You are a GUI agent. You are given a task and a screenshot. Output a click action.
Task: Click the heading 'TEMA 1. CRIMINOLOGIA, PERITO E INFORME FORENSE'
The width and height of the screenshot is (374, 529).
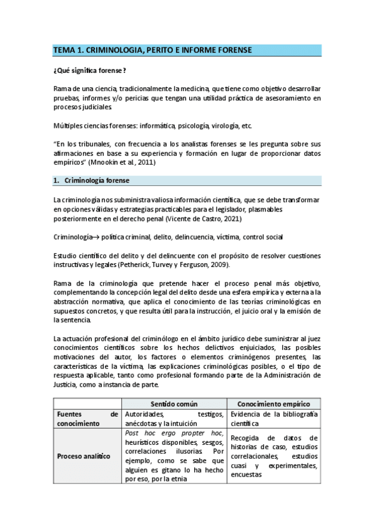coord(152,49)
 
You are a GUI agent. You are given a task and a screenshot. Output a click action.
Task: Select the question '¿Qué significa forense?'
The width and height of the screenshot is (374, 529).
coord(89,71)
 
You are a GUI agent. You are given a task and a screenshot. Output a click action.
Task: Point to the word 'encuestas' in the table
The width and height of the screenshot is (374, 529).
coord(247,474)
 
